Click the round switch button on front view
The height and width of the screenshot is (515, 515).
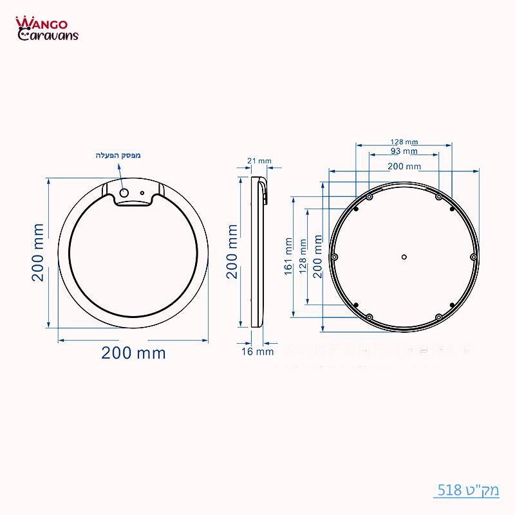tap(124, 192)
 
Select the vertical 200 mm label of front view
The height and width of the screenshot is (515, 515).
tap(39, 252)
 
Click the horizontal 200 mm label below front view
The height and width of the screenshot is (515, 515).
tap(133, 353)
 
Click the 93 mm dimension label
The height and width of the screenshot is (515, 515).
tap(404, 151)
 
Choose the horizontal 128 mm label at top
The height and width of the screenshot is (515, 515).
tap(404, 142)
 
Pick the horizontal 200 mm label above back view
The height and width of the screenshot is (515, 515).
tap(404, 166)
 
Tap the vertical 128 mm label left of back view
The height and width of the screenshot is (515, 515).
tap(303, 257)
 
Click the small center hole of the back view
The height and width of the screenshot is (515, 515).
tap(404, 257)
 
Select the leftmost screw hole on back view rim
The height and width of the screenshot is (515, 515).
tap(334, 257)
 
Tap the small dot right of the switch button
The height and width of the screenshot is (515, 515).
tap(142, 192)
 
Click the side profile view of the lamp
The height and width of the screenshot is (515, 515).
tap(258, 252)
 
